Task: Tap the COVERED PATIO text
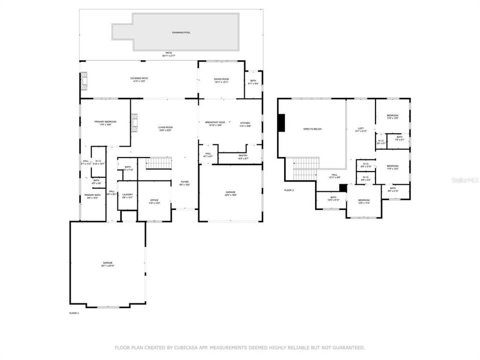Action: [x=139, y=78]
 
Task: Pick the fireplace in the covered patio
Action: [x=83, y=81]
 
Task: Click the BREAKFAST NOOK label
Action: [x=215, y=122]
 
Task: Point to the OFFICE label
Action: [x=154, y=200]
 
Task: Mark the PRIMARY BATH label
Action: [x=92, y=195]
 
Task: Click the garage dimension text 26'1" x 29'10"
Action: [x=107, y=265]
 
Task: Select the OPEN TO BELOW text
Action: [x=312, y=129]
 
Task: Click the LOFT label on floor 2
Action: [x=360, y=128]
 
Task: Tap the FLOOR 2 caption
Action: [x=289, y=190]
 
